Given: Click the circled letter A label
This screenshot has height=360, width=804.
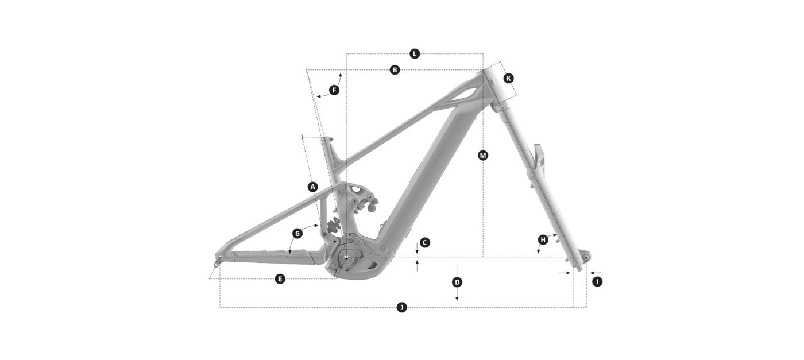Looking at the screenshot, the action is click(x=313, y=187).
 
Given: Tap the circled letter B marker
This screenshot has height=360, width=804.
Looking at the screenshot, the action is click(x=395, y=70).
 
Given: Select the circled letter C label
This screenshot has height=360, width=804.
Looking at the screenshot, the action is click(x=424, y=243).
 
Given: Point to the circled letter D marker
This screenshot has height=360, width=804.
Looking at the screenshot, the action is click(x=457, y=282).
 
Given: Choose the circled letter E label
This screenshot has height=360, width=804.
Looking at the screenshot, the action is click(x=280, y=279).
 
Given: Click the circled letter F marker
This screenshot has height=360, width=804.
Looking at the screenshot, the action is click(x=334, y=90).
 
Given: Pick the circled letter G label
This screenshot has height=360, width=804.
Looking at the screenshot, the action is click(x=297, y=234).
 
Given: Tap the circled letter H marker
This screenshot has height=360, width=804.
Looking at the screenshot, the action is click(x=543, y=239).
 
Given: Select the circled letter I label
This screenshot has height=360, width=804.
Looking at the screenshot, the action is click(x=597, y=282).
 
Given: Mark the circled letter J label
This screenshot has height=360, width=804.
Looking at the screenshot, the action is click(x=401, y=307).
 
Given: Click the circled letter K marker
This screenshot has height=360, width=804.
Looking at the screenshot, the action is click(x=508, y=78).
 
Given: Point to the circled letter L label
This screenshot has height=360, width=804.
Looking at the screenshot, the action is click(x=415, y=54).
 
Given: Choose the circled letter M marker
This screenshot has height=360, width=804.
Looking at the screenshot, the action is click(x=483, y=156).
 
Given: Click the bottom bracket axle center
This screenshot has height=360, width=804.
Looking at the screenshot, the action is click(x=346, y=257).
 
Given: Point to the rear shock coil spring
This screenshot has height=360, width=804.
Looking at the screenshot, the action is click(x=334, y=224).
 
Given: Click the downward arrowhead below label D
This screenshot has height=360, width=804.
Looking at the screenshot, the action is click(x=457, y=299).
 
